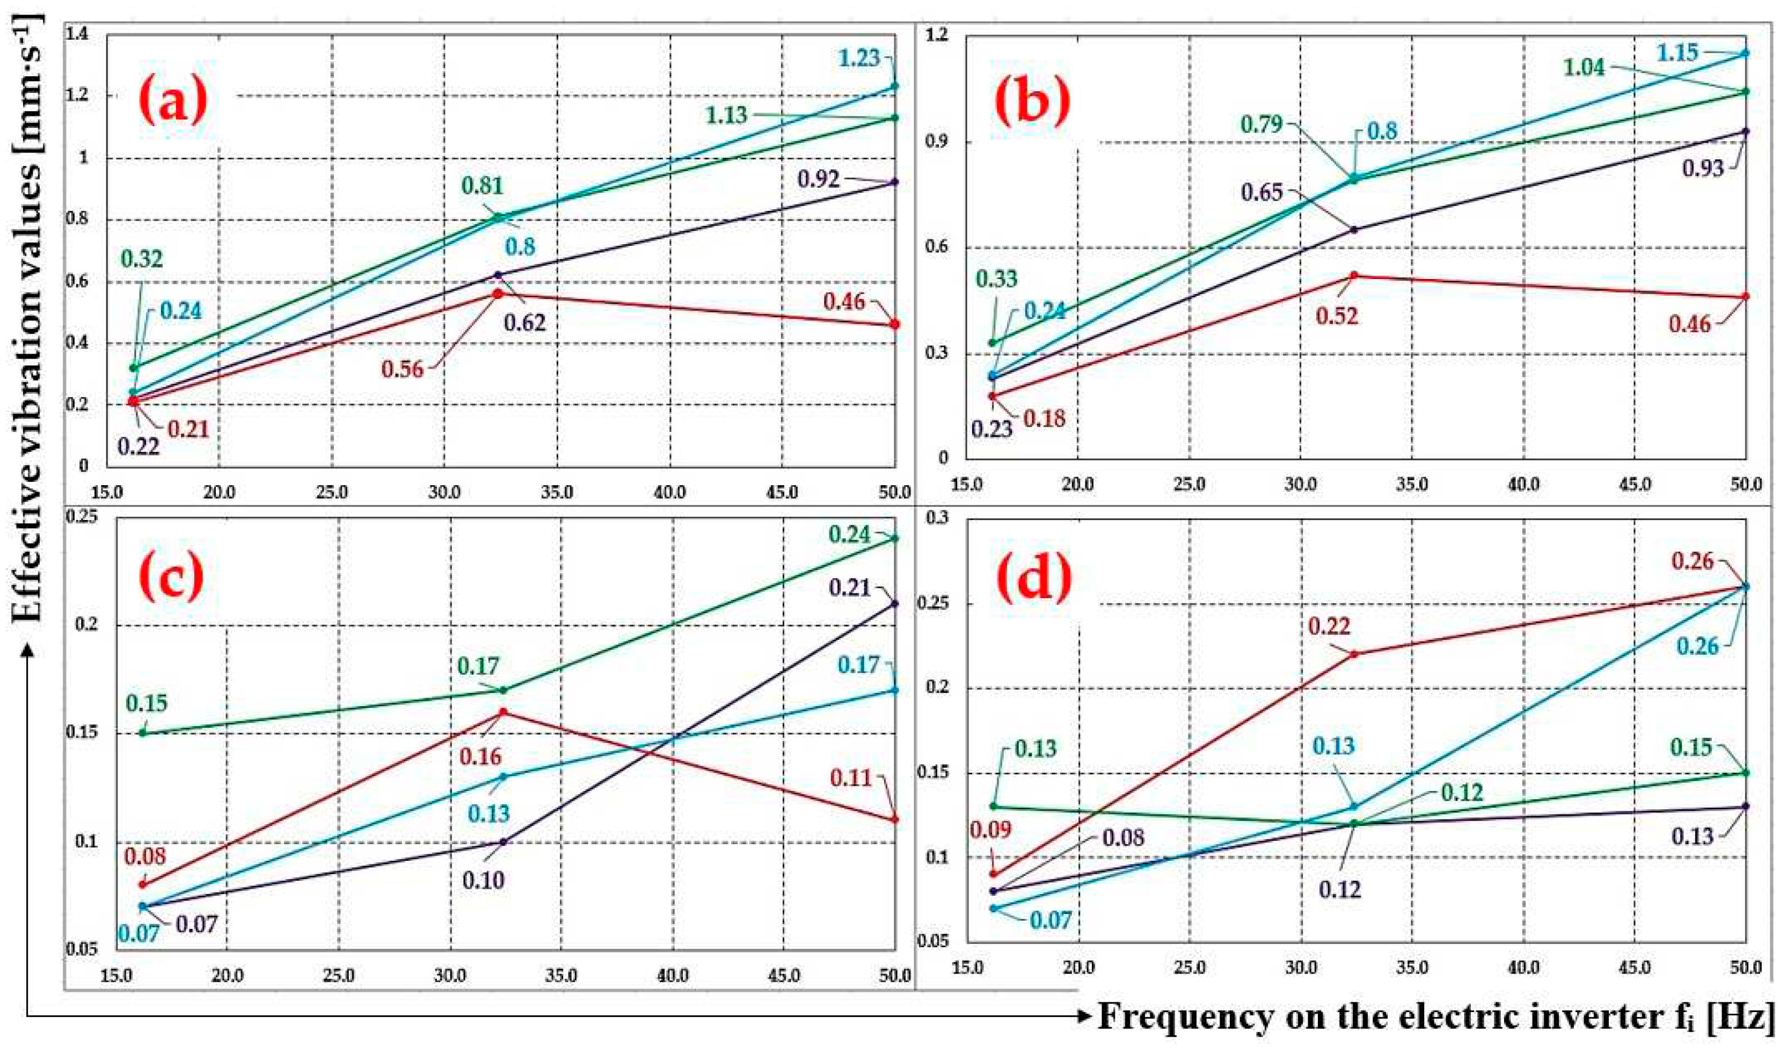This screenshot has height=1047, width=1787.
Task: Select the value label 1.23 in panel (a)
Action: click(x=859, y=58)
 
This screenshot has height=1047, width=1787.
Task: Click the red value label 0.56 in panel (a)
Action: click(x=402, y=369)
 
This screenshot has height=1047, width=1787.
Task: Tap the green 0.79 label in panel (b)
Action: click(x=1261, y=125)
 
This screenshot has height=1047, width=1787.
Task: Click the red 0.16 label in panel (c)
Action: click(x=480, y=756)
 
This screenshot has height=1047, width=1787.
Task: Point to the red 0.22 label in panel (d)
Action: click(x=1329, y=626)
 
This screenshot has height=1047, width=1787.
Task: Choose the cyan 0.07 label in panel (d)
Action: click(x=1050, y=921)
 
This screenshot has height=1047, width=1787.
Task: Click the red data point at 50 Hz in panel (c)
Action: click(x=894, y=819)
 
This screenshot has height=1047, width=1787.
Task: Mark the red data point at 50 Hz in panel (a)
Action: click(x=894, y=324)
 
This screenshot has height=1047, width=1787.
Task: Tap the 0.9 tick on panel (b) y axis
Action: click(x=937, y=141)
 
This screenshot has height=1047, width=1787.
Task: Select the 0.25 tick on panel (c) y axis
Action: click(x=81, y=517)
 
